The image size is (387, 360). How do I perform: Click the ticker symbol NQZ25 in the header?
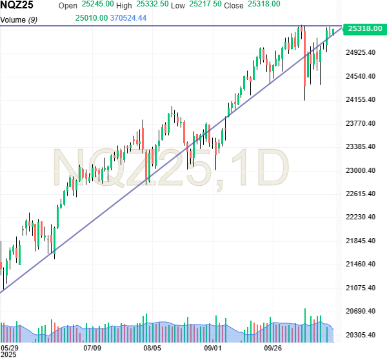click(17, 5)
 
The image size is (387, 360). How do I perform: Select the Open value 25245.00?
click(97, 4)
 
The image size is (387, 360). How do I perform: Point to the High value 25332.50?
click(152, 4)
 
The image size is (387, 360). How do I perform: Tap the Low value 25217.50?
click(206, 4)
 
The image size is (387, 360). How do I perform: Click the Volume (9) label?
click(19, 19)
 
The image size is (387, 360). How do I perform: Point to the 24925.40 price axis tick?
click(361, 52)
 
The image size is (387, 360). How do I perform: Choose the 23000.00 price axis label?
click(361, 170)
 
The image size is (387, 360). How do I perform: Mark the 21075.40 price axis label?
click(361, 288)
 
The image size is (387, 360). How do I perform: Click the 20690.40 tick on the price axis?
click(361, 312)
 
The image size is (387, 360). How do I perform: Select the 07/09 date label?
click(92, 348)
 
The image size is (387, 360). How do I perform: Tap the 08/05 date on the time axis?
click(152, 348)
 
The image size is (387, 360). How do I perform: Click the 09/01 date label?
click(213, 348)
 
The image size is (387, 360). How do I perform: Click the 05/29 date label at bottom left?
click(10, 348)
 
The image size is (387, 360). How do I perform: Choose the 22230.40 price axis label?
click(361, 217)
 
